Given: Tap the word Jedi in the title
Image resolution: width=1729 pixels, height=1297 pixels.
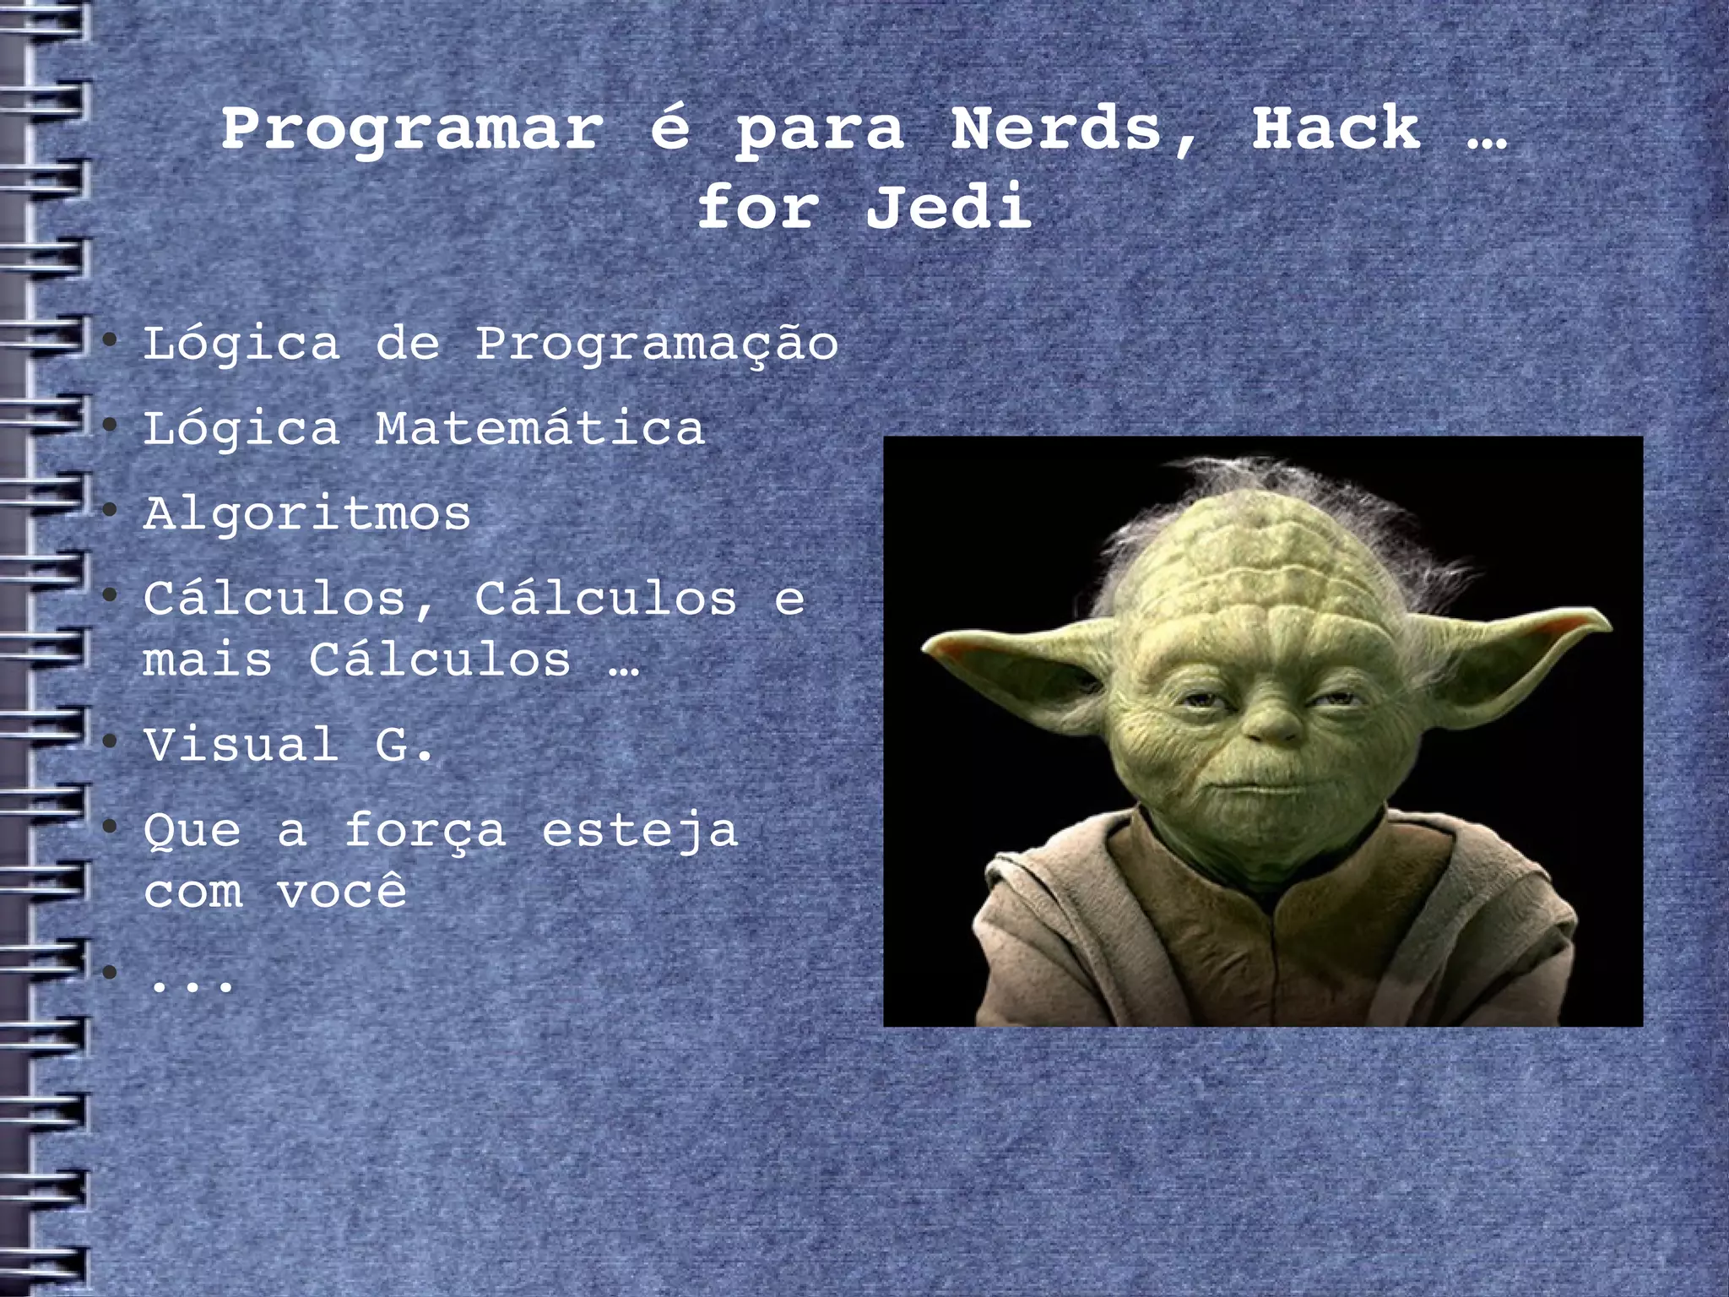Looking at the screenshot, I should coord(948,207).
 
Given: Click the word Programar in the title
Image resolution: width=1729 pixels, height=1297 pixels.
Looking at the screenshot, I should coord(413,131).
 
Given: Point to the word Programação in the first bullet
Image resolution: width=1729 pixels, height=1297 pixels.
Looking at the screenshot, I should coord(657,345).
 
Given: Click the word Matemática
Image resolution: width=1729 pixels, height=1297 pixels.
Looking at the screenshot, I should coord(539,429).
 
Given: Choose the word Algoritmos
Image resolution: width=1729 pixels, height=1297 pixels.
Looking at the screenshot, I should coord(307,514).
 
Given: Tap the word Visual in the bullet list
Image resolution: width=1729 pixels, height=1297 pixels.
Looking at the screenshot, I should coord(241,745).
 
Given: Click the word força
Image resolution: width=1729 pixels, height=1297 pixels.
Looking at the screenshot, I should coord(425,831).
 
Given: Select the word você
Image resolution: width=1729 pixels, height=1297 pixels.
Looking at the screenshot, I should coord(342,891).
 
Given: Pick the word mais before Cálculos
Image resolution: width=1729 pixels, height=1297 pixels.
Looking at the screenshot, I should coord(208,660).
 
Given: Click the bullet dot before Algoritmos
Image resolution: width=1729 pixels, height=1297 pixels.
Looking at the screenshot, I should coord(109,510).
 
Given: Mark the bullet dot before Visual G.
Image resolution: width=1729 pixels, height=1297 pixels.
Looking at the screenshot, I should coord(109,741).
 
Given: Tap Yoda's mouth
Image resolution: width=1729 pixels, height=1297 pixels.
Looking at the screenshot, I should coord(1266,790).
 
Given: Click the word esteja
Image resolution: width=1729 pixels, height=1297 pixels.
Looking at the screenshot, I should coord(640,831).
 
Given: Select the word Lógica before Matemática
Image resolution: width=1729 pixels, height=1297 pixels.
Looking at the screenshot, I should coord(241,429).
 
